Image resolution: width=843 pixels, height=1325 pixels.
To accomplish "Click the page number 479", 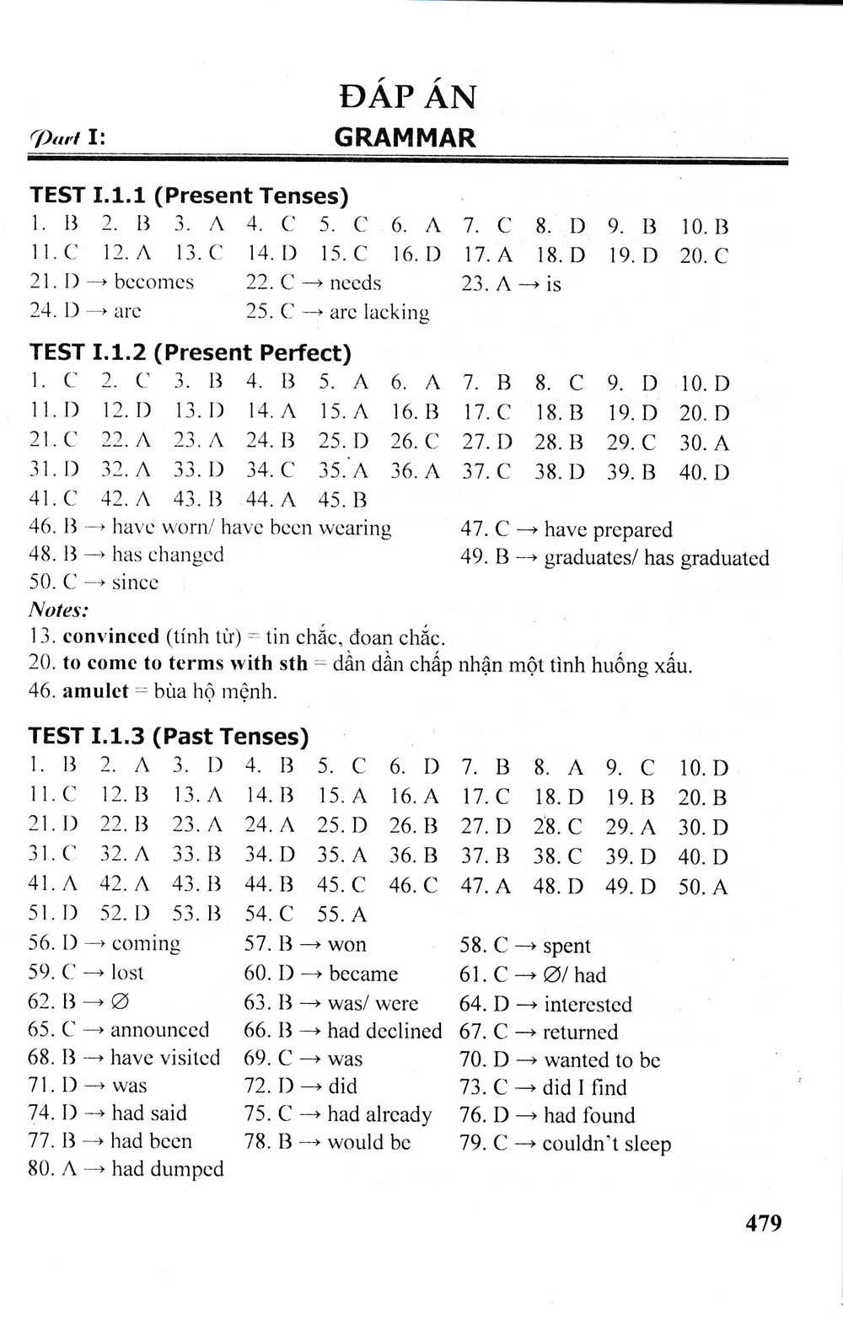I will click(763, 1222).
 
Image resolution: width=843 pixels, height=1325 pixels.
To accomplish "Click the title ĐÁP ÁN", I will click(408, 96).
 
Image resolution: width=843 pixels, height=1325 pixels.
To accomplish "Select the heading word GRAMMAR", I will click(405, 137).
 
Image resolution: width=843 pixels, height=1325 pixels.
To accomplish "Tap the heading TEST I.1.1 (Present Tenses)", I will click(189, 196).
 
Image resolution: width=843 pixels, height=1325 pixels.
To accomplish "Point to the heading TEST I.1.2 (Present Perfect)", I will click(191, 352).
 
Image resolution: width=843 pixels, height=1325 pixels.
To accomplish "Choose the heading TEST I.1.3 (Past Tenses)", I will click(169, 736).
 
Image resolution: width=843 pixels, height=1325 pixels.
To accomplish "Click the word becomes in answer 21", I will click(154, 282).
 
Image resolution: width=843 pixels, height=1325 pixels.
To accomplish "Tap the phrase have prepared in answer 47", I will click(608, 529).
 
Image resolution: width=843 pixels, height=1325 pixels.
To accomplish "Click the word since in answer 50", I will click(135, 582).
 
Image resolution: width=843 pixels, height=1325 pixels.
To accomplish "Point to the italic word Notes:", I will click(58, 609).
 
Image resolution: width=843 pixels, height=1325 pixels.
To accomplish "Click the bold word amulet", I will click(95, 691).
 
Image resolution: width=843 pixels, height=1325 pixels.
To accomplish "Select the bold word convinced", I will click(110, 636).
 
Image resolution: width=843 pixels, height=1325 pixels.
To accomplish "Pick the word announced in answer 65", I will click(159, 1030).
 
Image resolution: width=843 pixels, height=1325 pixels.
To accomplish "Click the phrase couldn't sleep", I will click(606, 1144).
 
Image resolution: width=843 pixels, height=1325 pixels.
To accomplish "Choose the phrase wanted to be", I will click(602, 1059).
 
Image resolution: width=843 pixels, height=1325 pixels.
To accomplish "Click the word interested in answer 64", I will click(588, 1004).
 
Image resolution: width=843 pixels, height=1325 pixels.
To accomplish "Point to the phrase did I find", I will click(584, 1087).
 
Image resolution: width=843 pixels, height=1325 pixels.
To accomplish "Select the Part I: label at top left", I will click(67, 138).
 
